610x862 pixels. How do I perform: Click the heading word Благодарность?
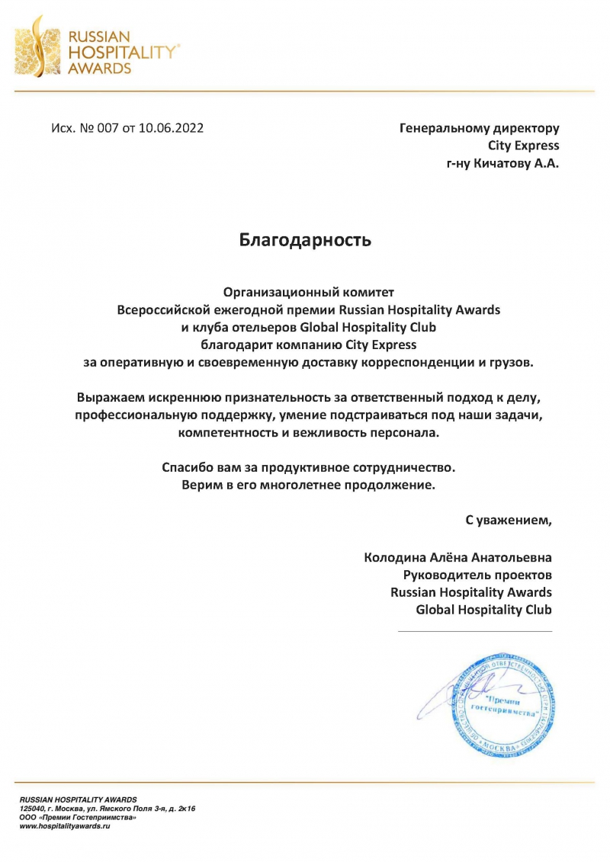pos(305,241)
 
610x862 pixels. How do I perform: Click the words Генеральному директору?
pos(479,128)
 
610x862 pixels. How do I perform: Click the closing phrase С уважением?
pos(509,521)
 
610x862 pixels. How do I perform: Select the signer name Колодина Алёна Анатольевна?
pos(457,557)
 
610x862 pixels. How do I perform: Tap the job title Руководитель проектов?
pos(477,575)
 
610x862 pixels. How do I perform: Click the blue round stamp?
pos(499,702)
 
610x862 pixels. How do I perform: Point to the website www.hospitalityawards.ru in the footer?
pos(65,826)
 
